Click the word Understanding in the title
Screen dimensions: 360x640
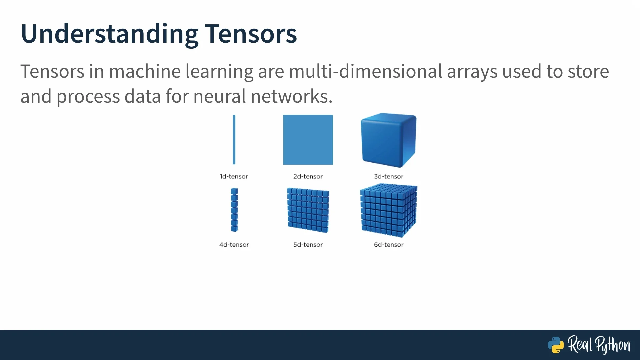109,34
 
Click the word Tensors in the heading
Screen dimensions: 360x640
250,34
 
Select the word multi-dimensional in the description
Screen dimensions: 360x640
365,71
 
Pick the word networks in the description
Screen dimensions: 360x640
291,96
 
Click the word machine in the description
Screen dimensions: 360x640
145,71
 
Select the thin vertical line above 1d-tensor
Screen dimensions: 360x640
234,140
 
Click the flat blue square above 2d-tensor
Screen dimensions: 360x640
308,140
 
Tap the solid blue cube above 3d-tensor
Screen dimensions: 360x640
389,140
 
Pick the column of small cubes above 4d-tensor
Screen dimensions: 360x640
234,210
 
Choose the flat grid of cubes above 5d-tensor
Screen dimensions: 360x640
308,210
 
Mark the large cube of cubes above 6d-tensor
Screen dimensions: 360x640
389,211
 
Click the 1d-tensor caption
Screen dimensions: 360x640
234,176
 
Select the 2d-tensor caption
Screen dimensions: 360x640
308,176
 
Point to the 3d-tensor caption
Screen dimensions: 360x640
389,176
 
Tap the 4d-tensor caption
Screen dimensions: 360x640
234,245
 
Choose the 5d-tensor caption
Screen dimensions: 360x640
308,245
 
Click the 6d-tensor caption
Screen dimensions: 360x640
389,245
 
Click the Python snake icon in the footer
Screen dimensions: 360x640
556,345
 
